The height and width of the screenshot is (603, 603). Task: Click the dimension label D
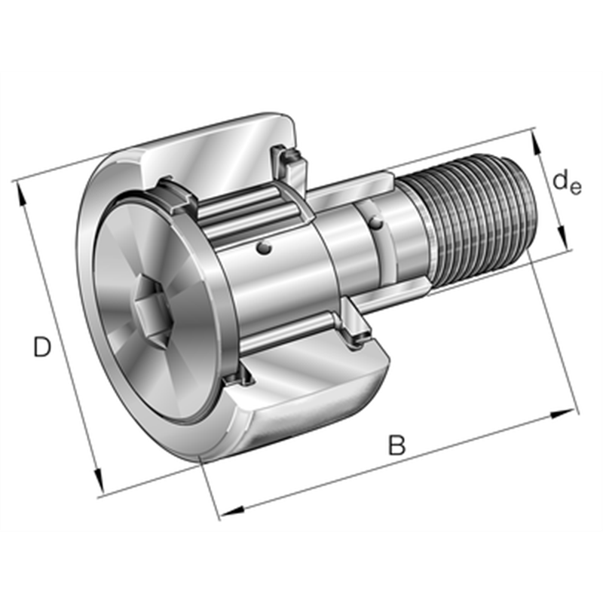tap(42, 347)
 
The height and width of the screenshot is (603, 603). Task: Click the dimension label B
tap(396, 445)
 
